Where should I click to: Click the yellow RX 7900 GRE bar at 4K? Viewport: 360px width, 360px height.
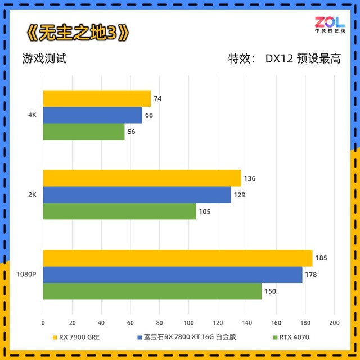pyautogui.click(x=97, y=98)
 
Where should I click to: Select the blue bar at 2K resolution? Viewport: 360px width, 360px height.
pyautogui.click(x=137, y=195)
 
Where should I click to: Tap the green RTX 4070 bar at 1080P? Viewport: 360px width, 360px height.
pyautogui.click(x=152, y=291)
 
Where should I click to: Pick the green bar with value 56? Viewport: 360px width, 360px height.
pyautogui.click(x=84, y=132)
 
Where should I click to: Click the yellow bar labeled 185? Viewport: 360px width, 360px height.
pyautogui.click(x=177, y=258)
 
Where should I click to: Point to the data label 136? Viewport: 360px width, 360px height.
pyautogui.click(x=250, y=178)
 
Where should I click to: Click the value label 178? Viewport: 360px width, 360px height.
pyautogui.click(x=312, y=274)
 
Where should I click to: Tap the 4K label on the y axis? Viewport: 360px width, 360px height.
pyautogui.click(x=32, y=115)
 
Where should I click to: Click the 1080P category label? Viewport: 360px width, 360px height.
pyautogui.click(x=26, y=274)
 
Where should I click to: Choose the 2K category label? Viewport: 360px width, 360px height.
pyautogui.click(x=32, y=195)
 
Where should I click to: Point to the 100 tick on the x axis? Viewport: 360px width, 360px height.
pyautogui.click(x=188, y=323)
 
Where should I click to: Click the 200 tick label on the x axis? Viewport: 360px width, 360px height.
pyautogui.click(x=334, y=323)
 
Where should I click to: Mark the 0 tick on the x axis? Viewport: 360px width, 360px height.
pyautogui.click(x=43, y=323)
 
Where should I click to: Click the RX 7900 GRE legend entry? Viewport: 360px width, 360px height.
pyautogui.click(x=78, y=337)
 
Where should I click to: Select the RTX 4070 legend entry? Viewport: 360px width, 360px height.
pyautogui.click(x=292, y=337)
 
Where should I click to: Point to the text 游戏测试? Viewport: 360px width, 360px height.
pyautogui.click(x=45, y=58)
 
